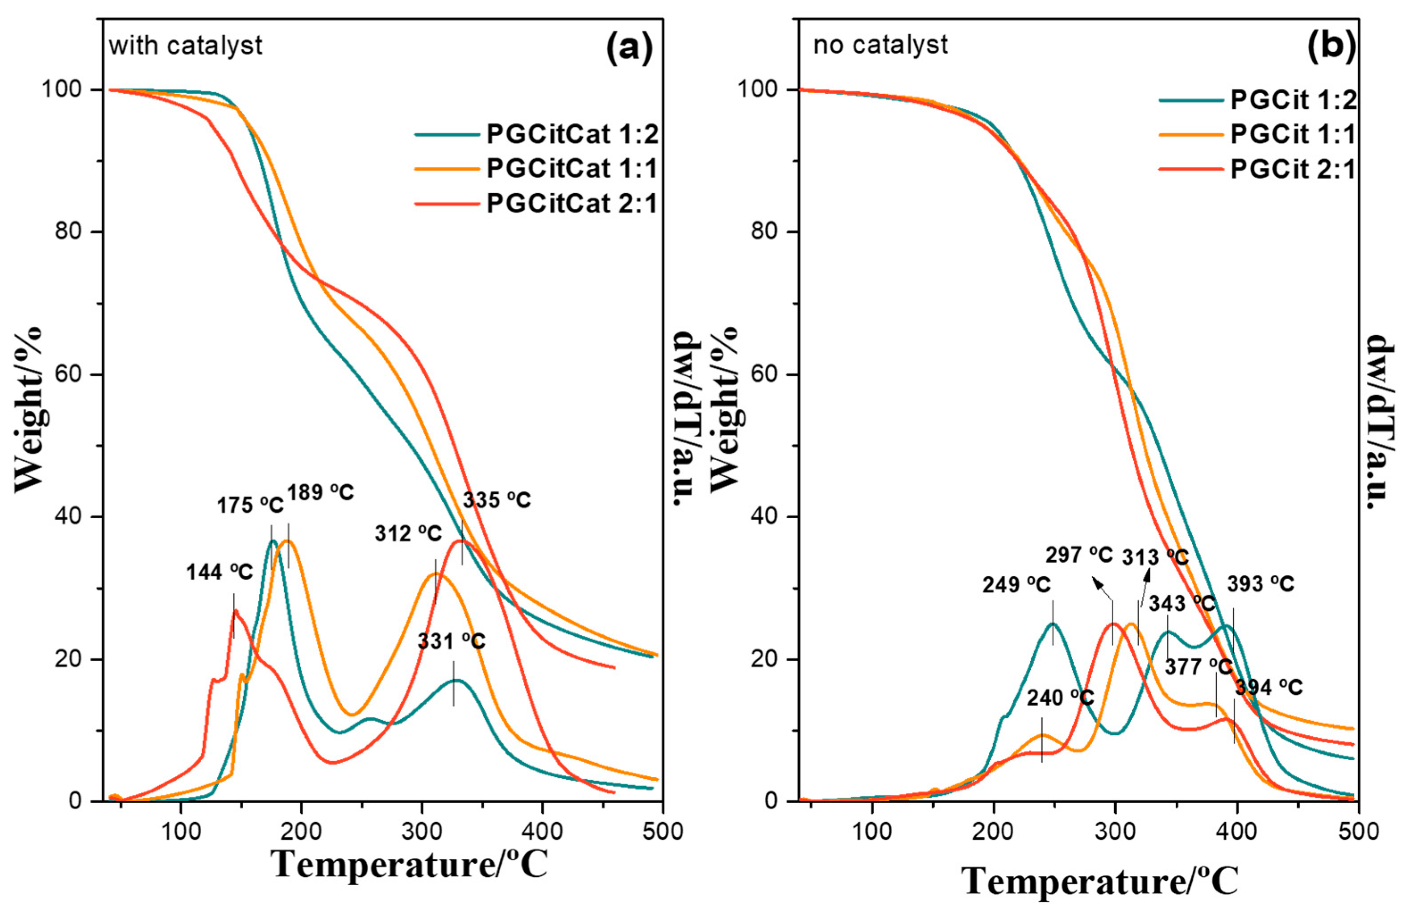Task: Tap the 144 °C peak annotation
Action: [220, 572]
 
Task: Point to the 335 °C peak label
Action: [497, 500]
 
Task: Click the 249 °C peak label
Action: [1016, 585]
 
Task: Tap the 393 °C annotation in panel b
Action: [1260, 584]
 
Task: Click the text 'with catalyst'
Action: [185, 46]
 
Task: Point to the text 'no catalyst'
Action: [880, 45]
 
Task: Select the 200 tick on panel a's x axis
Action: [301, 831]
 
